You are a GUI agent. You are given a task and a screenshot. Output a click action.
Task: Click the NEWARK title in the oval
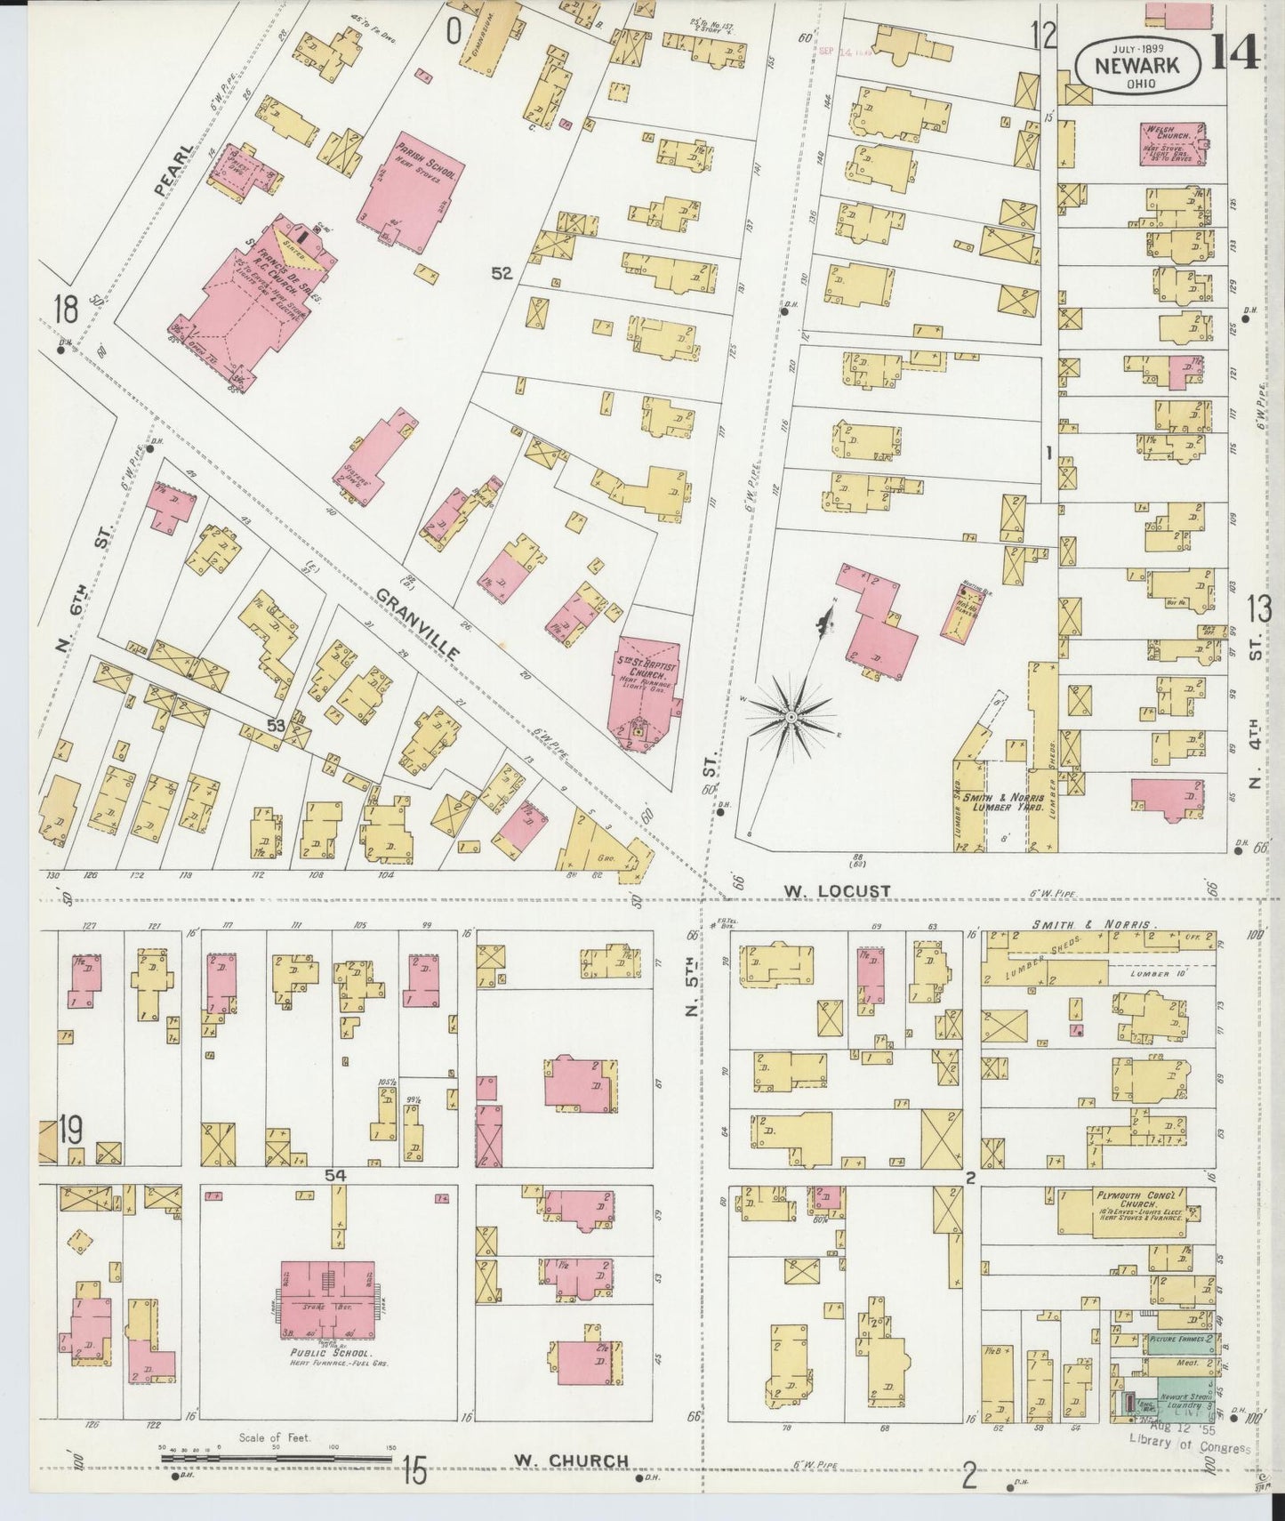(x=1137, y=64)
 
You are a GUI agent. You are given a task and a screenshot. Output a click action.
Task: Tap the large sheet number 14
(x=1234, y=50)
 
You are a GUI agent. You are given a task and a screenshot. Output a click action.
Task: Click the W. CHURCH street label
(x=571, y=1461)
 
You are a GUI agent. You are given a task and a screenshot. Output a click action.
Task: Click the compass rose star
(x=790, y=716)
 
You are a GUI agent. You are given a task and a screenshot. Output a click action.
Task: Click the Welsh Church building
(x=1171, y=143)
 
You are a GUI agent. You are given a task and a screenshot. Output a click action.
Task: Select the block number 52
(x=502, y=274)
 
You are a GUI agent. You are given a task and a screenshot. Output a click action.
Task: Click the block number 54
(x=334, y=1175)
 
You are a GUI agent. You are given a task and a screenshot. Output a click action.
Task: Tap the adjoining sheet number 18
(x=65, y=310)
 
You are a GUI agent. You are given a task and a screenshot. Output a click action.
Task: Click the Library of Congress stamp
(x=1188, y=1447)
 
